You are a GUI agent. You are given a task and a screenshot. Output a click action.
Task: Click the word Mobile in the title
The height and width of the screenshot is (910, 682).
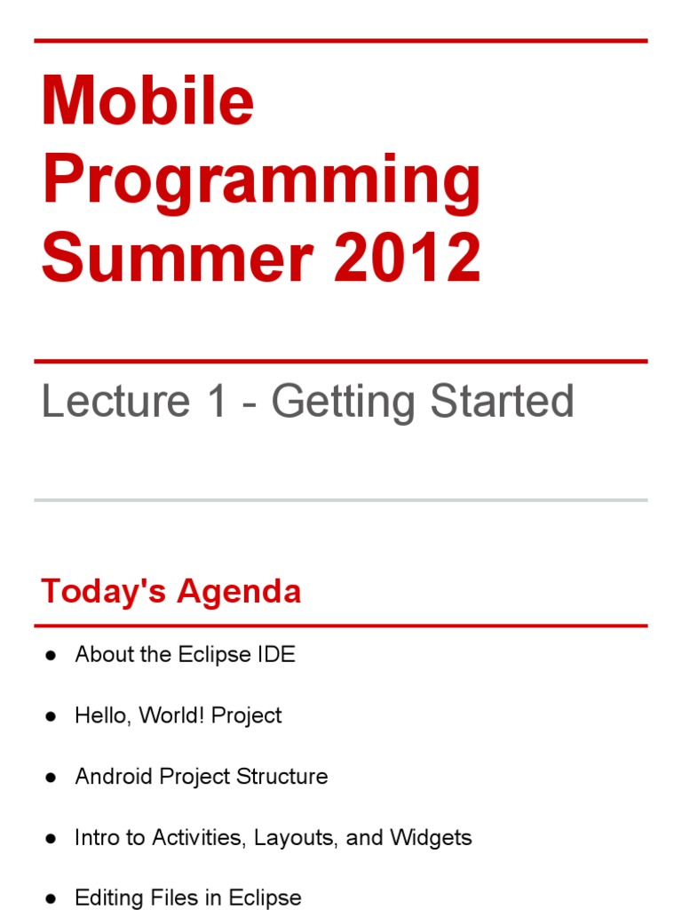(147, 101)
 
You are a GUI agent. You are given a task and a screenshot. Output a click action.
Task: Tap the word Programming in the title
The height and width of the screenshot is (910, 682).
(261, 180)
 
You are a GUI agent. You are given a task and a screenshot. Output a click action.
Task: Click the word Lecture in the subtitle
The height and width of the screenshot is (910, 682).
(115, 402)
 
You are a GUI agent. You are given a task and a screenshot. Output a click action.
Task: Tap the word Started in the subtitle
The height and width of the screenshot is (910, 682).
(503, 402)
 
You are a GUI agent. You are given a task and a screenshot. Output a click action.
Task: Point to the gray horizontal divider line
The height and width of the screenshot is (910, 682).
(341, 500)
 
